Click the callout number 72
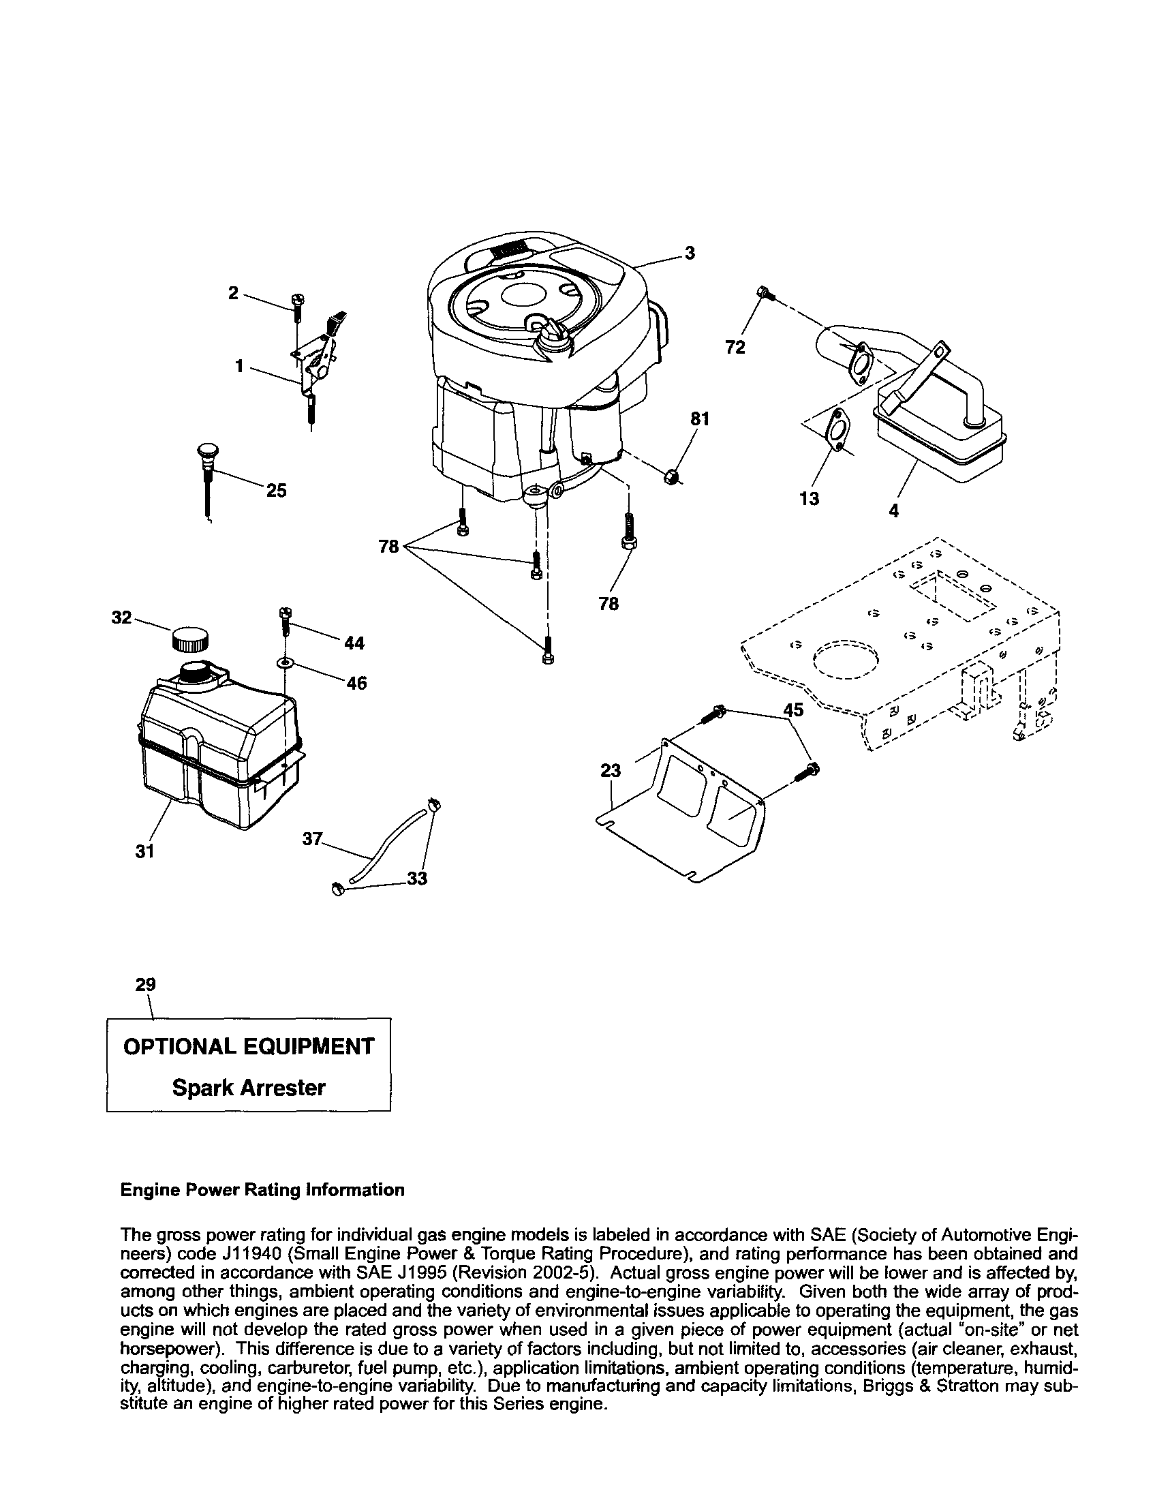[x=735, y=348]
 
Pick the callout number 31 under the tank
[x=144, y=852]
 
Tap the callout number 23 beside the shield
[x=611, y=770]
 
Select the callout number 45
[x=793, y=710]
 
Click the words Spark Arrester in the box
[x=249, y=1088]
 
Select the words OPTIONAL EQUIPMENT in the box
[x=249, y=1047]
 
